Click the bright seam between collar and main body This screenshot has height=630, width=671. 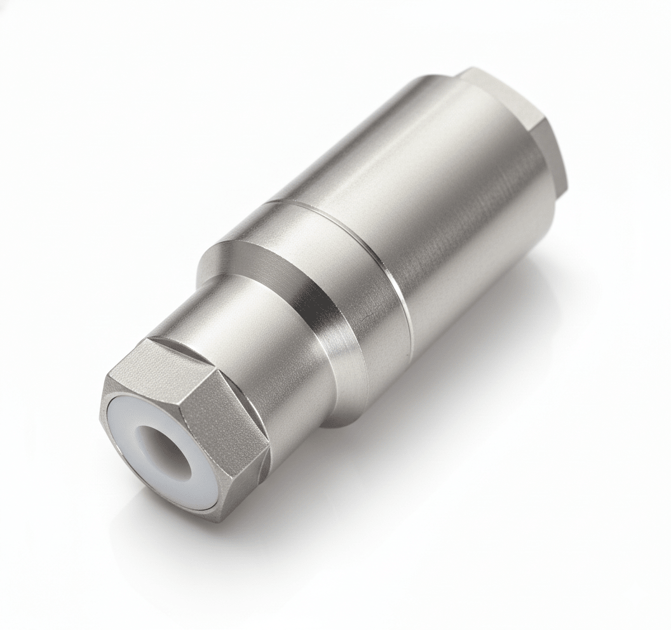click(x=388, y=273)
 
